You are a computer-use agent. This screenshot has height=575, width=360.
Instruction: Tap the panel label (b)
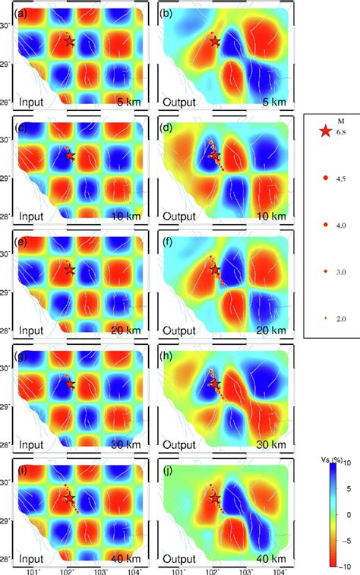[169, 13]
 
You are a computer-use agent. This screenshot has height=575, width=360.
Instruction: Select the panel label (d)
[169, 126]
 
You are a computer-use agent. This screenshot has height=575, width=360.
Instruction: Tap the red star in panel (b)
[215, 42]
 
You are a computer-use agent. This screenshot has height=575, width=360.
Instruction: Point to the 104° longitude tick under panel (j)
[279, 570]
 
